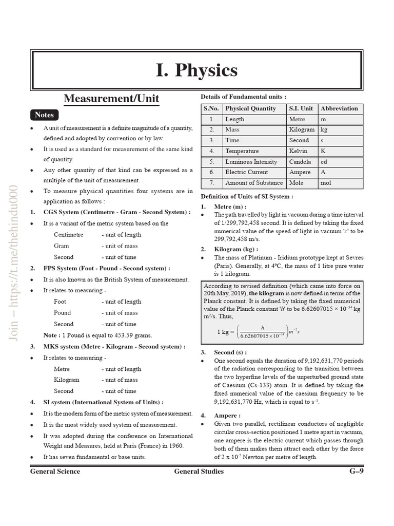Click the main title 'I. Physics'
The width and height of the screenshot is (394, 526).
pyautogui.click(x=197, y=70)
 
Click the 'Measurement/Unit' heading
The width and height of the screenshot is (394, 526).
pyautogui.click(x=111, y=98)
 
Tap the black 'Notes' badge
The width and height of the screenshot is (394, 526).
pyautogui.click(x=44, y=115)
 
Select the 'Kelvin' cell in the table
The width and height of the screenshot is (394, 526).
pyautogui.click(x=299, y=151)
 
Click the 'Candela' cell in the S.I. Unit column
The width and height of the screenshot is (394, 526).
pyautogui.click(x=300, y=162)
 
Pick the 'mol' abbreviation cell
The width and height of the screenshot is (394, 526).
pyautogui.click(x=326, y=183)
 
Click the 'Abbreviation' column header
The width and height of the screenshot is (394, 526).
pyautogui.click(x=339, y=108)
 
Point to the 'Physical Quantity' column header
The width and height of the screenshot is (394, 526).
pyautogui.click(x=250, y=108)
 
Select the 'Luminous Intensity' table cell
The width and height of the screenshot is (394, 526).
pyautogui.click(x=251, y=162)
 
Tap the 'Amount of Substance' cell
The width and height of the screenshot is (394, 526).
pyautogui.click(x=254, y=183)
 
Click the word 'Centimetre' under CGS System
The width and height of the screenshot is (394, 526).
pyautogui.click(x=68, y=235)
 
